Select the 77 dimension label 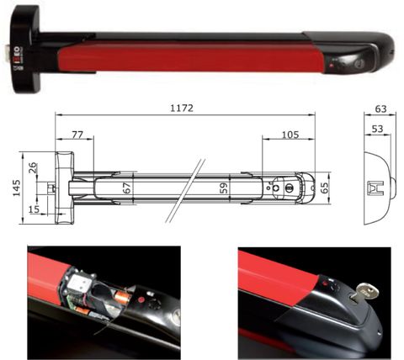77,134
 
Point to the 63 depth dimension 381,109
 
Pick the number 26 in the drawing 33,169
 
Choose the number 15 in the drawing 34,208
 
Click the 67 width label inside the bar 126,189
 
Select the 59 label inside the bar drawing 224,188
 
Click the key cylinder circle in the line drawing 291,189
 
